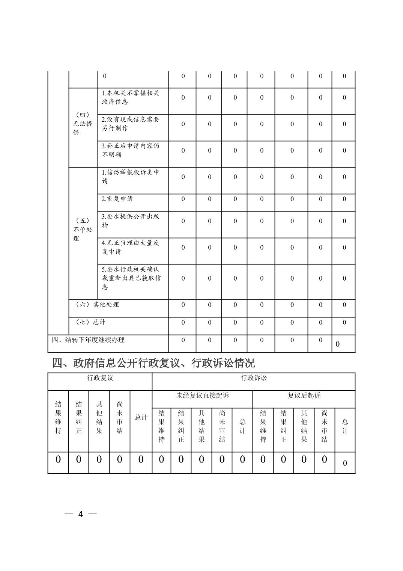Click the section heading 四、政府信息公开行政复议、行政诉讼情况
153,363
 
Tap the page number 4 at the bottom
80,514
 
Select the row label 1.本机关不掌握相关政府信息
130,97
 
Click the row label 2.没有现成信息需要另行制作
130,124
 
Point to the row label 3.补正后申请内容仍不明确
130,150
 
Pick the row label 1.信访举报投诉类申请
130,177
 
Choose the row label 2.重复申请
117,199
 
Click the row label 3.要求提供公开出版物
130,221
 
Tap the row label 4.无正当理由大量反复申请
130,247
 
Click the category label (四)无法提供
83,124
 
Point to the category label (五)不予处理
83,230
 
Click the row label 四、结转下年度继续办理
88,340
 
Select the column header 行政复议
100,378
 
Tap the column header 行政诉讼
254,378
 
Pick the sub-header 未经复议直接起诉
203,396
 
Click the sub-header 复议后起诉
304,396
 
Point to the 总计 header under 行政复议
141,418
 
